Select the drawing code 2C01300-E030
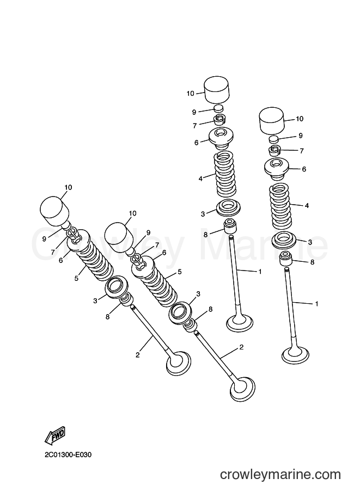pyautogui.click(x=68, y=455)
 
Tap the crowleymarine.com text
pyautogui.click(x=280, y=475)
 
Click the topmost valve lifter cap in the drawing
pyautogui.click(x=217, y=89)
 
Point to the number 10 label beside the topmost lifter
pyautogui.click(x=190, y=93)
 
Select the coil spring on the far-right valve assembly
pyautogui.click(x=281, y=207)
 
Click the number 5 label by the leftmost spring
pyautogui.click(x=76, y=278)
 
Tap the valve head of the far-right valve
pyautogui.click(x=295, y=354)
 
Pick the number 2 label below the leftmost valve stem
pyautogui.click(x=137, y=355)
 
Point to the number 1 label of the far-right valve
pyautogui.click(x=316, y=304)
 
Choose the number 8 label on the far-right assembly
pyautogui.click(x=312, y=262)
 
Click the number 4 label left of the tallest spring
pyautogui.click(x=200, y=179)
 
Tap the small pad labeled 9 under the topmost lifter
pyautogui.click(x=219, y=108)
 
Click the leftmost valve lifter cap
pyautogui.click(x=54, y=209)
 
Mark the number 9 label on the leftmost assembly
pyautogui.click(x=44, y=238)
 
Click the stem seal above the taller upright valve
pyautogui.click(x=230, y=225)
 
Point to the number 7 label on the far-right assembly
pyautogui.click(x=302, y=151)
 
